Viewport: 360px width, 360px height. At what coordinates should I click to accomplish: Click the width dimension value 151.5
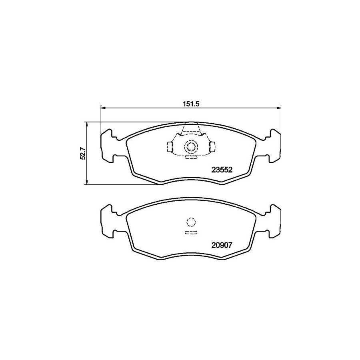click(191, 103)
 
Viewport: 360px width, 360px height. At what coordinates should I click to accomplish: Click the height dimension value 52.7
click(83, 153)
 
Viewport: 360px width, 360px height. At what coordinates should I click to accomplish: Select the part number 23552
click(222, 169)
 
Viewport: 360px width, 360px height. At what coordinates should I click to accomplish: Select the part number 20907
click(222, 246)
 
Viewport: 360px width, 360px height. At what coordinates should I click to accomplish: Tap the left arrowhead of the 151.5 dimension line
click(103, 107)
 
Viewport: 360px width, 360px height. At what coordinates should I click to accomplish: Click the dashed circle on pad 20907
click(191, 222)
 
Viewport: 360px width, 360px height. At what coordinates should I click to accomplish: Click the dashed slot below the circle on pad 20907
click(191, 232)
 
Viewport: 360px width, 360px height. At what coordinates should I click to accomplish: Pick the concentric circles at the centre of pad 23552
click(191, 147)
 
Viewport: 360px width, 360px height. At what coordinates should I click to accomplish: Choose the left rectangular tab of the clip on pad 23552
click(169, 147)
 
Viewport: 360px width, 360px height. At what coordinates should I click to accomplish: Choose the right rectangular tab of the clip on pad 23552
click(213, 147)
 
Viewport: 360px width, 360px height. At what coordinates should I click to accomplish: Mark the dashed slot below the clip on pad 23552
click(191, 157)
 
